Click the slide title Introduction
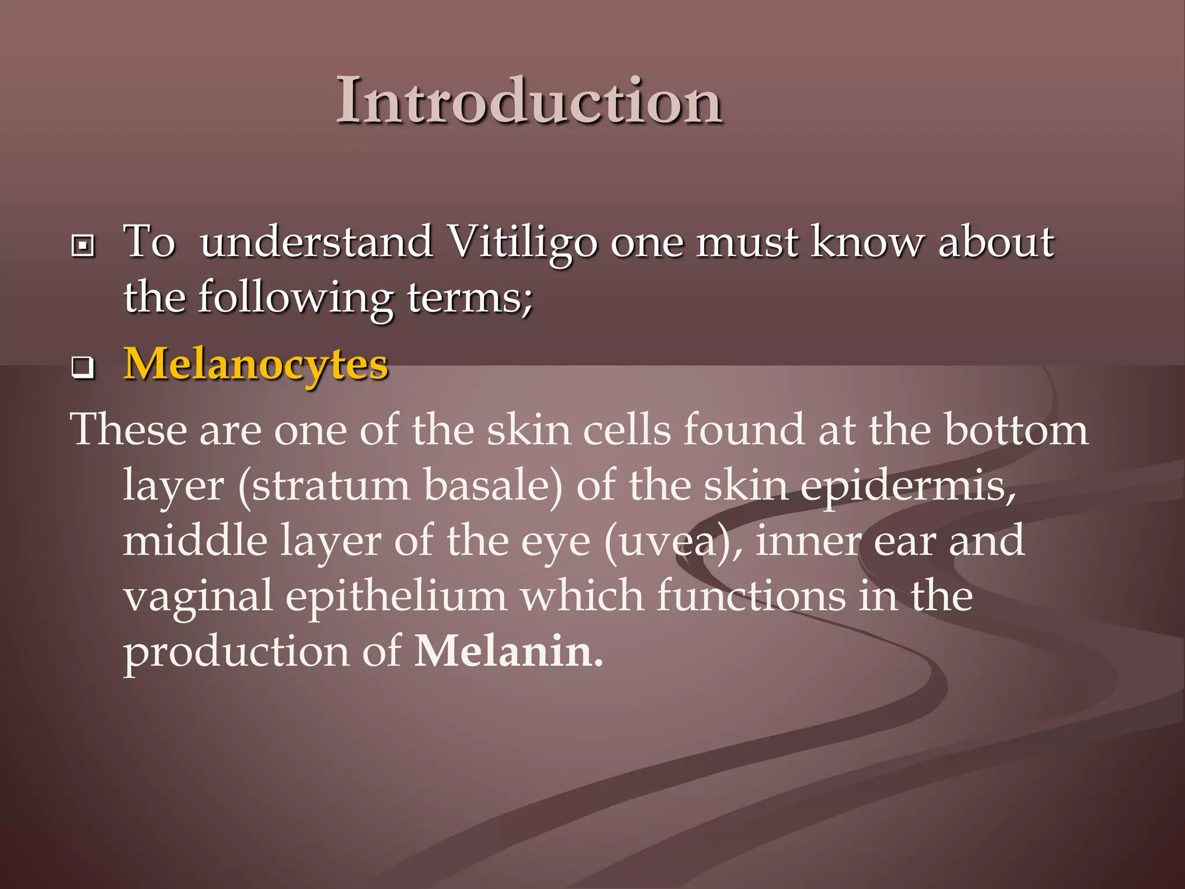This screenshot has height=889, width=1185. point(529,101)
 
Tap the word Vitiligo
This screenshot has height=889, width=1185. point(522,242)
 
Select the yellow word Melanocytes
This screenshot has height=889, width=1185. point(256,364)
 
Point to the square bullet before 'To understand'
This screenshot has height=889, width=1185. point(83,246)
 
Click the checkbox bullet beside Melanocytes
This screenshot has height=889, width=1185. point(83,368)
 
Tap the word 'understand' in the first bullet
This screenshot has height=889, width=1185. point(316,242)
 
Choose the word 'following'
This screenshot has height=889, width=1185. point(295,297)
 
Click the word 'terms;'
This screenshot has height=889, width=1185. point(470,297)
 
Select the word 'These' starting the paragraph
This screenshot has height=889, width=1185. point(128,430)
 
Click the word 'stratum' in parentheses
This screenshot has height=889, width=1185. point(324,486)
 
